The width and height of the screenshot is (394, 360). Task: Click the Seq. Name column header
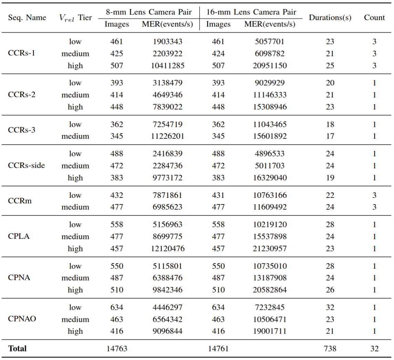[27, 18]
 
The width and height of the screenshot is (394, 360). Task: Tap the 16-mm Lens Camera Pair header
[251, 12]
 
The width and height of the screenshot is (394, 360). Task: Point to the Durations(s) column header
[330, 18]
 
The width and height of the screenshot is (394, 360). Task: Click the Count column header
[374, 18]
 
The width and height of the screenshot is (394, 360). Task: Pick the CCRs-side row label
[26, 166]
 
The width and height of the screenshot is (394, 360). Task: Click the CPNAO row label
[22, 319]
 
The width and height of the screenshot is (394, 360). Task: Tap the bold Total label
[17, 348]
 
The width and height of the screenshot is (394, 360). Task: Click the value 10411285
[167, 65]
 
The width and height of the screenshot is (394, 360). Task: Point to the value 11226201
[167, 136]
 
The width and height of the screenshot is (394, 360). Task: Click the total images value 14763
[116, 348]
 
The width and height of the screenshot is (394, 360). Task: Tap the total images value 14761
[218, 348]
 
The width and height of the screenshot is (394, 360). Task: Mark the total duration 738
[330, 348]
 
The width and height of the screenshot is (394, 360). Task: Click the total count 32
[374, 348]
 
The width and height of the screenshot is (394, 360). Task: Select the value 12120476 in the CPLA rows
[167, 248]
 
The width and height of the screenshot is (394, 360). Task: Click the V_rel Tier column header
[75, 18]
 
